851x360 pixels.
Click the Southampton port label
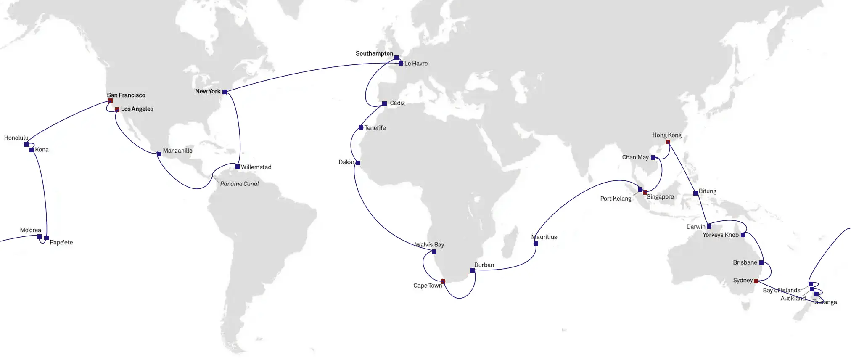(x=374, y=53)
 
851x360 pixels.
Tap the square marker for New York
(x=225, y=92)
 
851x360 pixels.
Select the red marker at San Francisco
(x=110, y=101)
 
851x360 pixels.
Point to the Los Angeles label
(x=137, y=109)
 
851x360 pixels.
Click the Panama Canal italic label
(x=239, y=184)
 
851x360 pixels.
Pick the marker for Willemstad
(x=237, y=167)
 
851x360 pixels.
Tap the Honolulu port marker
(x=26, y=145)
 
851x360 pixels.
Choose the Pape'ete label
(x=61, y=243)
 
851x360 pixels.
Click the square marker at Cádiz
(x=384, y=103)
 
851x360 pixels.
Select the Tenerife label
(x=375, y=128)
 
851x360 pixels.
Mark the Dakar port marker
(x=358, y=163)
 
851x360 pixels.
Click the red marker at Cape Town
(x=443, y=281)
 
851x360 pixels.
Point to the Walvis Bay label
(x=429, y=245)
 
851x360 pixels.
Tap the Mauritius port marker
(x=536, y=244)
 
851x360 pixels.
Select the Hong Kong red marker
(x=668, y=142)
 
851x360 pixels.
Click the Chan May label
(x=635, y=157)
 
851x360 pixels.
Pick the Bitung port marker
(x=695, y=193)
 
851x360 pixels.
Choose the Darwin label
(x=696, y=227)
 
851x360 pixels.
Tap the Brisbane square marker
(x=761, y=262)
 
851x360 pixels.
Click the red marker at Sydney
(x=756, y=281)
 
